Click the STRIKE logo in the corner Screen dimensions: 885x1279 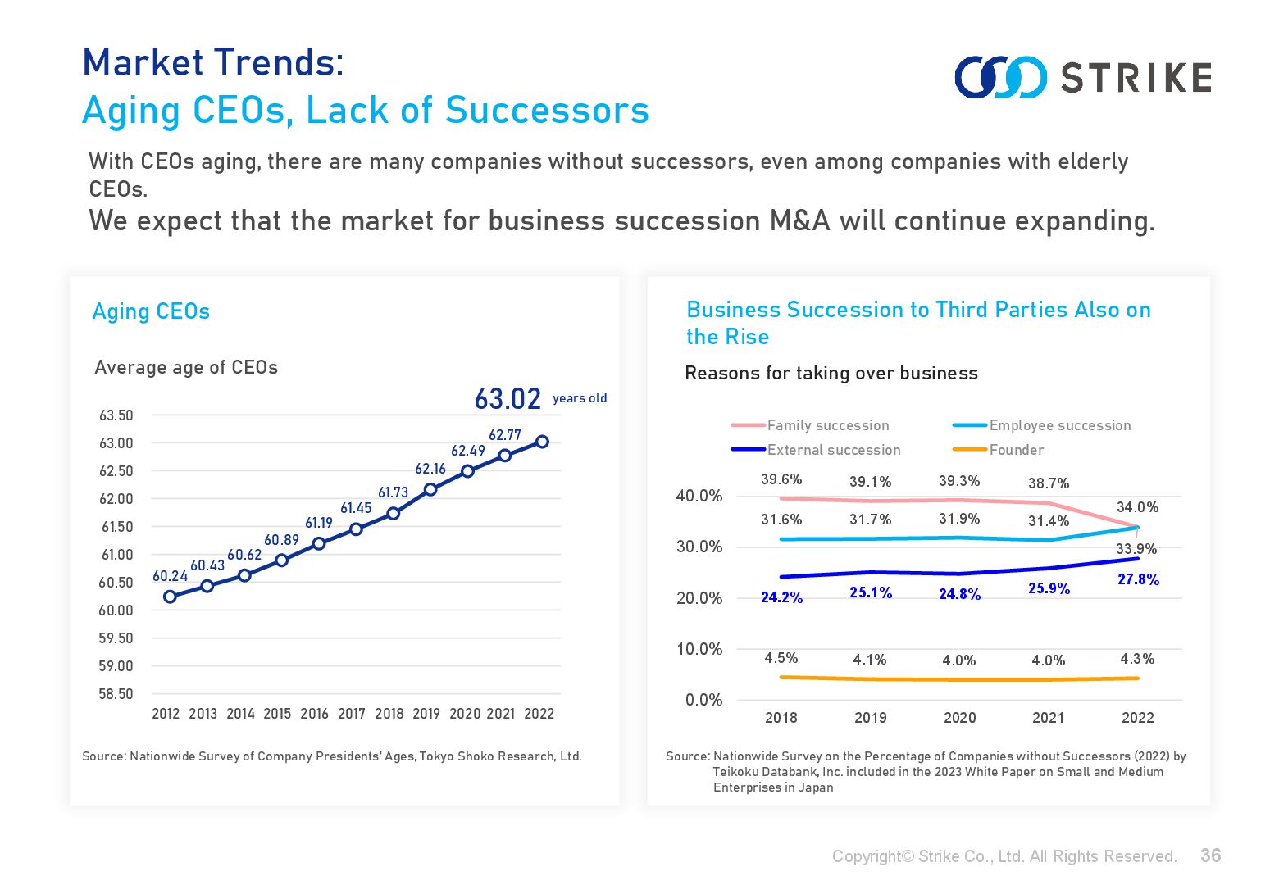(x=1082, y=77)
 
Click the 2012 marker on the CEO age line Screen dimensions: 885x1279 (x=170, y=597)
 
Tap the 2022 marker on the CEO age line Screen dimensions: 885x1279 (x=542, y=442)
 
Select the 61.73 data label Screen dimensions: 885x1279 (x=393, y=492)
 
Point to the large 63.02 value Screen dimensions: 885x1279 (x=508, y=399)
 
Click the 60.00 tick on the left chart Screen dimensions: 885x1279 (x=116, y=610)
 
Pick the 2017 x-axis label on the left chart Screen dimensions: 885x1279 (x=352, y=714)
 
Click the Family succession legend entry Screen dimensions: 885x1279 (x=827, y=425)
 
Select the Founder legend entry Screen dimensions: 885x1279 (x=1016, y=450)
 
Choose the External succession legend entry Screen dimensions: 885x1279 (x=833, y=450)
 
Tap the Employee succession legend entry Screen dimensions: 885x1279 (x=1059, y=425)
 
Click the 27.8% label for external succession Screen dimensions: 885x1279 (x=1138, y=579)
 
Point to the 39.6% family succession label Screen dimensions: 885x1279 (x=781, y=479)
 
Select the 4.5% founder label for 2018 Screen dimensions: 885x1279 (x=781, y=658)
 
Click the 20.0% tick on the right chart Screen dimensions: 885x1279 (x=699, y=598)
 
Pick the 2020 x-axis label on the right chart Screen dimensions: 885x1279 (x=959, y=718)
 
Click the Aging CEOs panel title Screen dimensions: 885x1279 (x=151, y=311)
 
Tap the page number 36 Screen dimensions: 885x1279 (x=1210, y=855)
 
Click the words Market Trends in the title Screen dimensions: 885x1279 (x=213, y=63)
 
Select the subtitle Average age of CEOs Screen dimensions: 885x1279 (x=186, y=367)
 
